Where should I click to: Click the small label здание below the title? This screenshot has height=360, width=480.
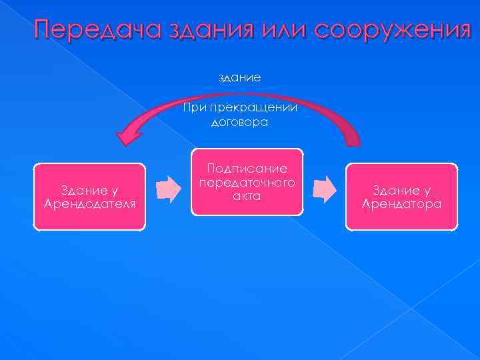point(240,78)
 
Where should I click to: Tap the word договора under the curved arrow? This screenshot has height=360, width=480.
point(239,122)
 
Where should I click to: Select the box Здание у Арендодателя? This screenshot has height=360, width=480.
point(89,197)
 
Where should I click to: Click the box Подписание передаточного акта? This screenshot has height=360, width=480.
point(247,182)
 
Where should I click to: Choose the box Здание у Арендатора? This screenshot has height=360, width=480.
point(401,197)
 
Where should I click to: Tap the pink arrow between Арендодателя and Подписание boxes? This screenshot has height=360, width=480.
point(169,189)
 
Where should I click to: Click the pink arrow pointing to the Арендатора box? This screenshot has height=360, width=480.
point(325,189)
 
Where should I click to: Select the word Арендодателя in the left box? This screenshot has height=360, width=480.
point(89,203)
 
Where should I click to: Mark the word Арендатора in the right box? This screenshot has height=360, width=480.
point(401,203)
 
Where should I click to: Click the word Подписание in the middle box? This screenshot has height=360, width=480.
point(247,169)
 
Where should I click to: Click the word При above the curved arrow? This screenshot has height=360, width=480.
point(195,109)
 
